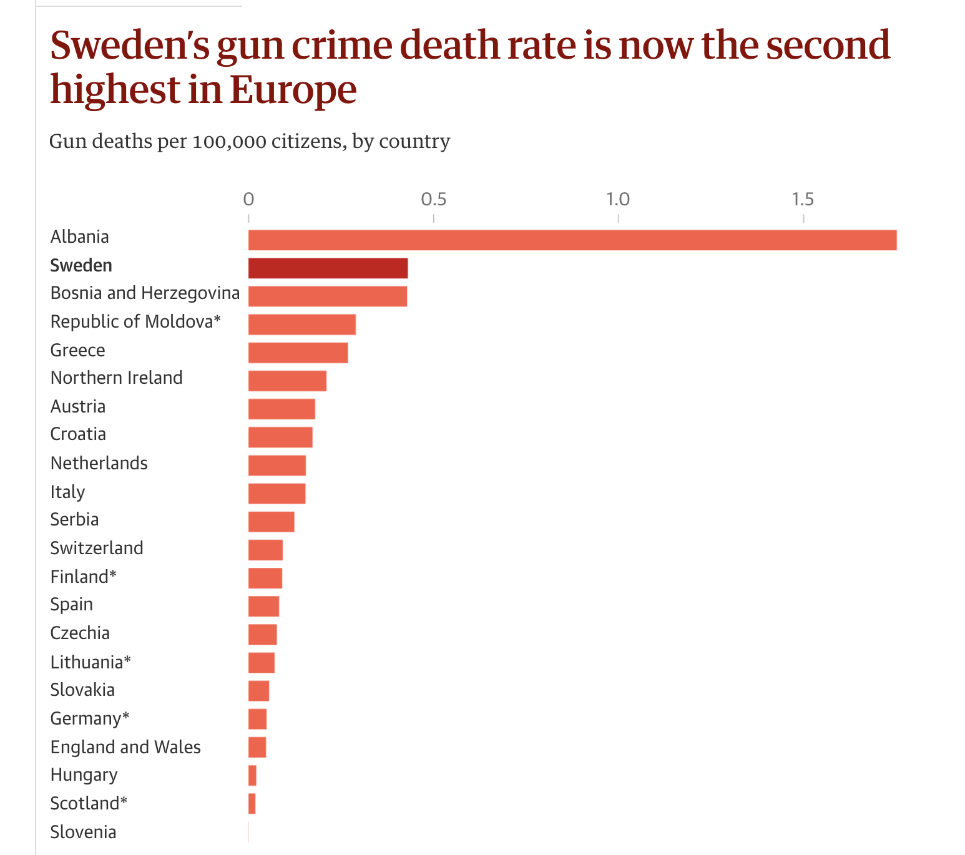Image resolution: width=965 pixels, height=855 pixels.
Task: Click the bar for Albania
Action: point(572,240)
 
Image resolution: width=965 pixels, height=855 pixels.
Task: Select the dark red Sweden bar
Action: point(328,268)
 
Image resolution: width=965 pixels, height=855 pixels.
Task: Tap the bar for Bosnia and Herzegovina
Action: point(328,296)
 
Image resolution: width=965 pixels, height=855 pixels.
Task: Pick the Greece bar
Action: point(298,353)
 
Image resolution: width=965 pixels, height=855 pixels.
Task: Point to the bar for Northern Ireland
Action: point(287,381)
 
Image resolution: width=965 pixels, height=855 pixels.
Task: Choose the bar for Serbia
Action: point(271,522)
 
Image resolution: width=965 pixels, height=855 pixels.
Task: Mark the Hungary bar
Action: point(252,775)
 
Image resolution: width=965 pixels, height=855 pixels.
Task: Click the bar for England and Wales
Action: point(257,747)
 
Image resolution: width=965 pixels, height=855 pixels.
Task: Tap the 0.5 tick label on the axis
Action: point(433,200)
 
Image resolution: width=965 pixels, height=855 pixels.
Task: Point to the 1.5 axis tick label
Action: point(803,200)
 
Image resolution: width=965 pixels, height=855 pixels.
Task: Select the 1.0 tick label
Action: point(618,200)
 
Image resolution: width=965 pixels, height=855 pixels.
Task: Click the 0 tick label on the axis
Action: point(248,200)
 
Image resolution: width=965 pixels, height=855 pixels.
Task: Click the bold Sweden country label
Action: point(81,266)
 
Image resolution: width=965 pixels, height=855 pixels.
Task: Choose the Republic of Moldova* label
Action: point(135,322)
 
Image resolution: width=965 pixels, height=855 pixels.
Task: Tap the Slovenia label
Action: point(83,832)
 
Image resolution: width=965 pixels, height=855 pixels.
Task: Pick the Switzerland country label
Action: point(97,548)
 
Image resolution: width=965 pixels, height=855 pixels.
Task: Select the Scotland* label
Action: point(89,803)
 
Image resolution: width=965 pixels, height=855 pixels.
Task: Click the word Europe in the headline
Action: point(293,89)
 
